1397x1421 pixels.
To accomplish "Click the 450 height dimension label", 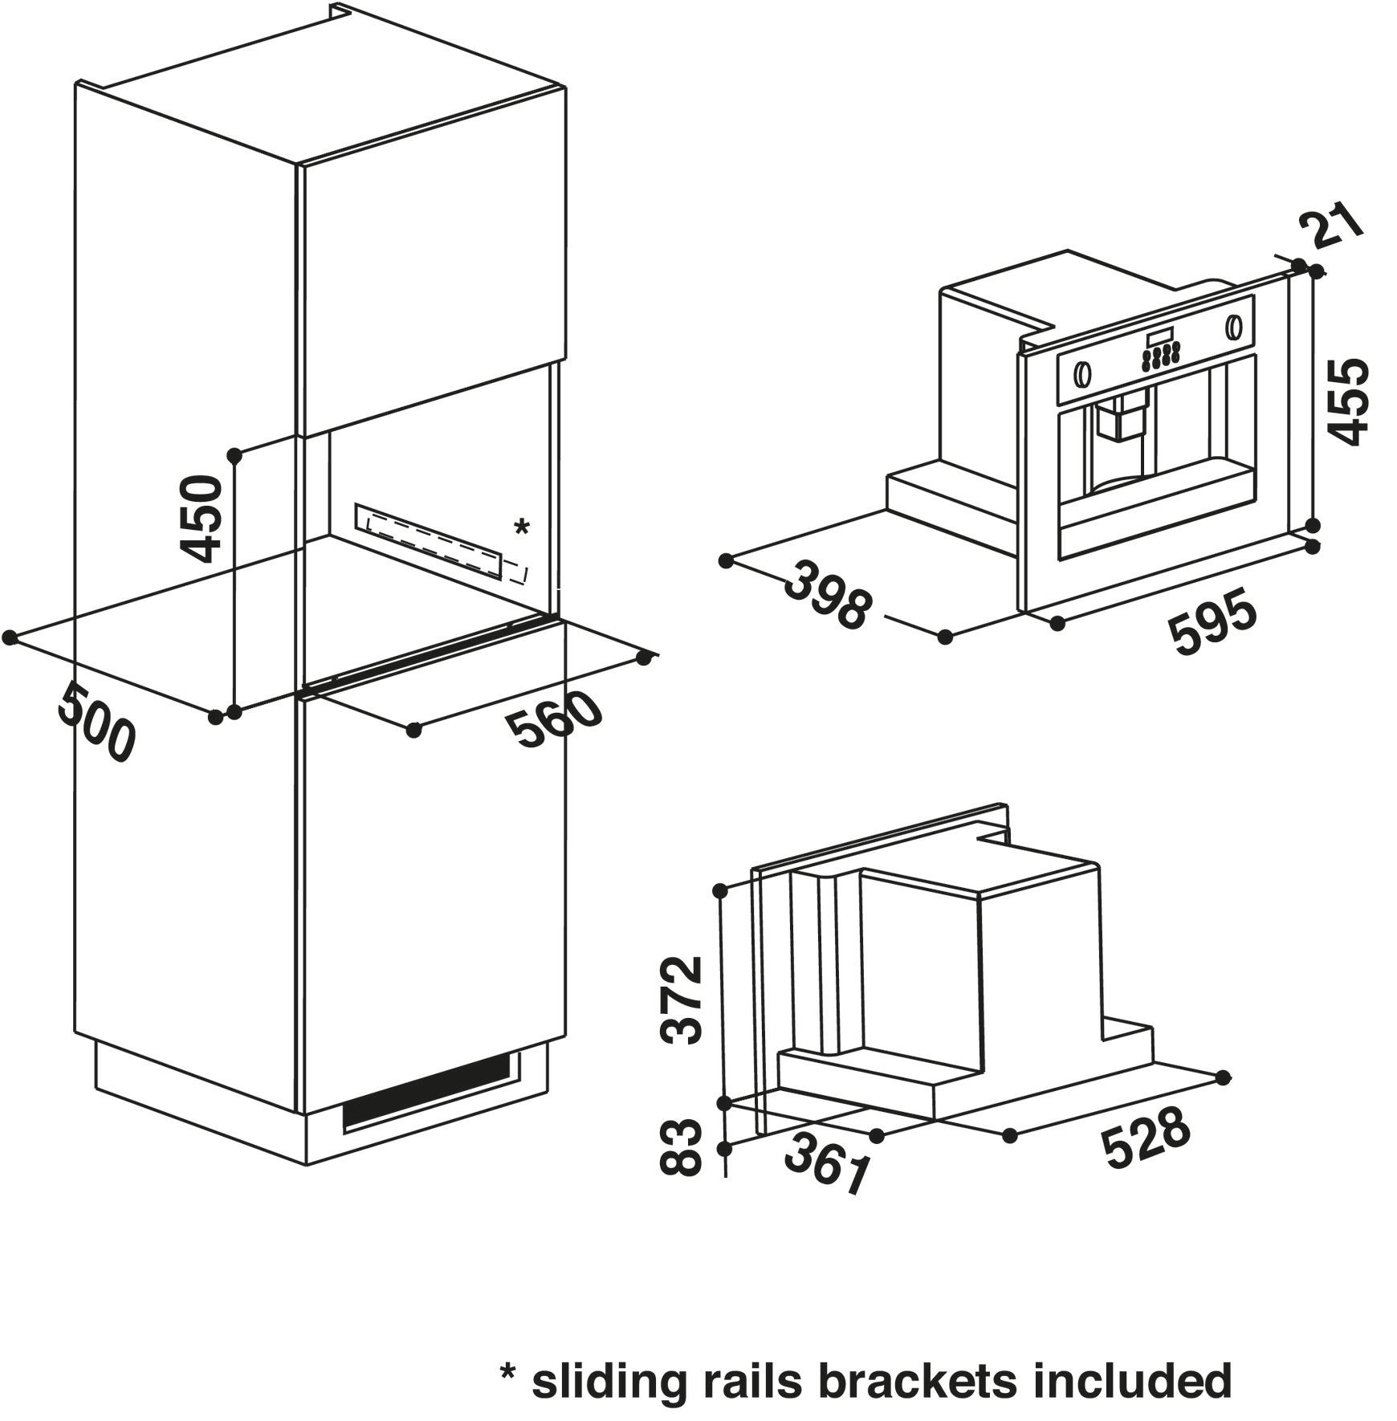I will (x=202, y=518).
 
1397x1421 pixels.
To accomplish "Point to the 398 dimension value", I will (x=828, y=596).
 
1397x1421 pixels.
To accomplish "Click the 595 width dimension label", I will (x=1213, y=621).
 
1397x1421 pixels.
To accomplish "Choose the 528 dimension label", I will (x=1145, y=1138).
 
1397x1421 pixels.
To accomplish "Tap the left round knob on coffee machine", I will (x=1082, y=373).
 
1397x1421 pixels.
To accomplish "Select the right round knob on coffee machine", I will (x=1232, y=328).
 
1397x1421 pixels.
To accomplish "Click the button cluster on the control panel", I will (x=1161, y=355).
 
